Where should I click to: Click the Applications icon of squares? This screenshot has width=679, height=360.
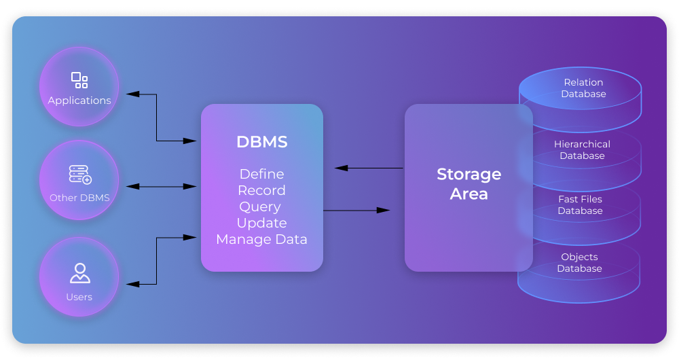pyautogui.click(x=79, y=80)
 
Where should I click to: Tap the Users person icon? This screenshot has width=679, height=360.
pyautogui.click(x=79, y=273)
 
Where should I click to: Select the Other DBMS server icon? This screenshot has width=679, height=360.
pyautogui.click(x=79, y=175)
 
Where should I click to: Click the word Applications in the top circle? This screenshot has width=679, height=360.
pyautogui.click(x=79, y=101)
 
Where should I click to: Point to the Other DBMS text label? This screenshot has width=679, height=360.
pyautogui.click(x=79, y=198)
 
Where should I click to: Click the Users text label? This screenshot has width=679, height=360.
pyautogui.click(x=79, y=297)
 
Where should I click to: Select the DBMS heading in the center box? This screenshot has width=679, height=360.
pyautogui.click(x=261, y=142)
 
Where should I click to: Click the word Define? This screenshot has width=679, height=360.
pyautogui.click(x=261, y=175)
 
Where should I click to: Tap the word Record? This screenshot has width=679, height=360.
pyautogui.click(x=261, y=191)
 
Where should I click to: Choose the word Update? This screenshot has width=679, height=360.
pyautogui.click(x=261, y=223)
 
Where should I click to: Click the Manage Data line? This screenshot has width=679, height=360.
pyautogui.click(x=261, y=240)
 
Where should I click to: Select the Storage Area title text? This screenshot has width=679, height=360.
pyautogui.click(x=469, y=184)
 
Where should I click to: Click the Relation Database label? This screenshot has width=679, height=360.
pyautogui.click(x=583, y=88)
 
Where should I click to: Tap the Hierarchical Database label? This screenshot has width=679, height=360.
pyautogui.click(x=582, y=150)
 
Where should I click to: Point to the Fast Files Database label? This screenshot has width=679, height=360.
pyautogui.click(x=580, y=205)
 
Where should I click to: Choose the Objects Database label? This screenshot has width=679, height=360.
pyautogui.click(x=579, y=263)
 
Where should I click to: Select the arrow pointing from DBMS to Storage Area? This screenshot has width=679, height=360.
pyautogui.click(x=356, y=211)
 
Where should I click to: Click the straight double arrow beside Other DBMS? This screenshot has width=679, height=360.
pyautogui.click(x=162, y=186)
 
